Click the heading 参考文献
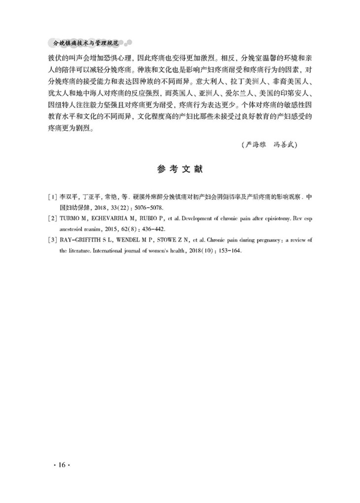tap(180, 169)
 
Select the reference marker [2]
tap(52, 218)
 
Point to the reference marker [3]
tap(52, 240)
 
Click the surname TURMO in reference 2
tap(71, 218)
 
